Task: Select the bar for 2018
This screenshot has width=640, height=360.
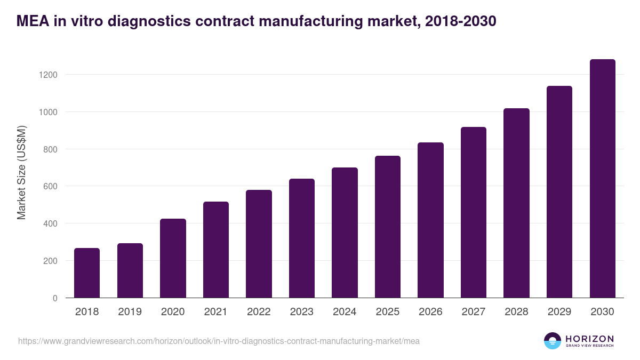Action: (x=87, y=273)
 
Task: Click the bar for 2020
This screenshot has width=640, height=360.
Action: (x=173, y=259)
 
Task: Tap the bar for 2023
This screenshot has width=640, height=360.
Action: (x=302, y=238)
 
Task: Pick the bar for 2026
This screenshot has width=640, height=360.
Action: (x=430, y=220)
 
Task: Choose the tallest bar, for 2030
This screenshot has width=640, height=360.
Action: (x=602, y=179)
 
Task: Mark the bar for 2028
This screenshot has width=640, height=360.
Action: (x=516, y=203)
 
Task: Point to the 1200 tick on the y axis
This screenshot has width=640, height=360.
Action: (x=47, y=75)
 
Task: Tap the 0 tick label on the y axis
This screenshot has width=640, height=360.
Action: (x=55, y=298)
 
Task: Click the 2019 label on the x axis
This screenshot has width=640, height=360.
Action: (x=130, y=312)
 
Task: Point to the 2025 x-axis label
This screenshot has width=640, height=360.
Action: (x=388, y=312)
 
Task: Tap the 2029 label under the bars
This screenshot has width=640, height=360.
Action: (x=559, y=312)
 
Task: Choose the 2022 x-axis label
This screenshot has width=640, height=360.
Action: (x=259, y=312)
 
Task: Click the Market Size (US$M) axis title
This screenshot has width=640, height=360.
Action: (x=21, y=172)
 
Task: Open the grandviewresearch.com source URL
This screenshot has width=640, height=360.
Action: (x=219, y=341)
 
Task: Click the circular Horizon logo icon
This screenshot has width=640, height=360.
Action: (x=553, y=341)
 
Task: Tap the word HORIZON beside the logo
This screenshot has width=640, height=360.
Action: (x=589, y=339)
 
